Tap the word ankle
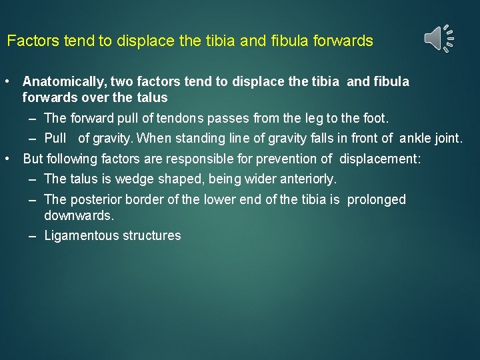415,139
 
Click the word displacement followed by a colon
380,159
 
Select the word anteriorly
307,179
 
